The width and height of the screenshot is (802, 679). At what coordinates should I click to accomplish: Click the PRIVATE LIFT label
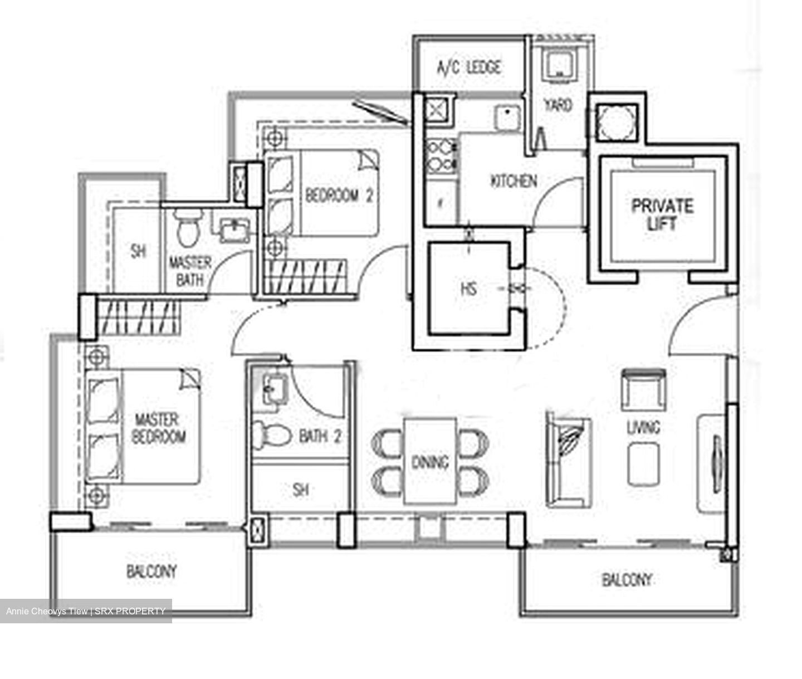(x=662, y=214)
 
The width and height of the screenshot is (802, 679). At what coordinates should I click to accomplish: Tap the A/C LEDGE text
(x=469, y=68)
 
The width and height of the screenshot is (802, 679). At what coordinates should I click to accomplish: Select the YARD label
(x=558, y=105)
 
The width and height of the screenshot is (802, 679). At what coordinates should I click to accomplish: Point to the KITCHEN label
(x=514, y=181)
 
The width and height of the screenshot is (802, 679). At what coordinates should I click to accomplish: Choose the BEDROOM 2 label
(x=339, y=196)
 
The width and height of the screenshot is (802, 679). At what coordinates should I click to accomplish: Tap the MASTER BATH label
(x=190, y=271)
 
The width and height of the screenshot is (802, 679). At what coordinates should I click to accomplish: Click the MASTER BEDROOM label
(x=158, y=428)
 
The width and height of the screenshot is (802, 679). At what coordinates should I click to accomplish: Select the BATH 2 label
(x=320, y=436)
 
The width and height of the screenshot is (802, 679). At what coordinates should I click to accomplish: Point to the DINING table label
(x=430, y=462)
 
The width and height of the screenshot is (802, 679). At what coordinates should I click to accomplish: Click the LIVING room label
(x=643, y=427)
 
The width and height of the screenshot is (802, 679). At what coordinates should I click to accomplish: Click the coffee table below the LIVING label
(x=643, y=464)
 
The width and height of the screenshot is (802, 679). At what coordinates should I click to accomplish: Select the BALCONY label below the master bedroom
(x=151, y=571)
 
